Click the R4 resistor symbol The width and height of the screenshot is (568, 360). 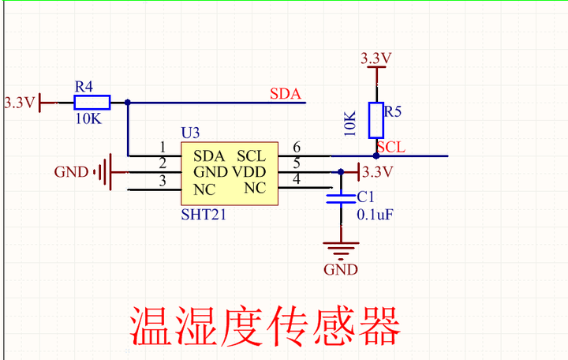[x=92, y=103]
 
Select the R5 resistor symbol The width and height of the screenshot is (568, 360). [x=376, y=120]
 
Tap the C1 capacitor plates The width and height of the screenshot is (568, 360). [x=341, y=199]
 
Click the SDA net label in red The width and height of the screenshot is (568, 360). [x=286, y=94]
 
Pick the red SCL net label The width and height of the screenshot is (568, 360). [x=390, y=147]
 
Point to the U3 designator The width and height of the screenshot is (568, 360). [x=191, y=133]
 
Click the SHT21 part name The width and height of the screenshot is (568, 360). [x=204, y=215]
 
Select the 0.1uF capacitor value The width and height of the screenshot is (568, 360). [x=375, y=215]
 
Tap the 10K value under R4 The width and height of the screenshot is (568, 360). [x=88, y=118]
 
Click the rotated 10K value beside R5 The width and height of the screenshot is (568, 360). [x=350, y=124]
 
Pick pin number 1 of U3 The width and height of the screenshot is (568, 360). [x=163, y=147]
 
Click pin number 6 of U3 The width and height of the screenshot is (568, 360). [x=297, y=147]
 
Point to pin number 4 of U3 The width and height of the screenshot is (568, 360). [x=297, y=178]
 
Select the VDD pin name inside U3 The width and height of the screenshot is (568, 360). [x=249, y=171]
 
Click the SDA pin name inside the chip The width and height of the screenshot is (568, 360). [x=209, y=156]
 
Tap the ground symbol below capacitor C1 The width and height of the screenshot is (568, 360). [x=341, y=251]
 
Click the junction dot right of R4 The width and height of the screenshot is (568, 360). [x=128, y=103]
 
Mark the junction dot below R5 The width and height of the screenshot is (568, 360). [x=376, y=156]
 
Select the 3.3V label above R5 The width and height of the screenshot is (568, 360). [x=376, y=58]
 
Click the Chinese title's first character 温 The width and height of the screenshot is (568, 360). [x=151, y=325]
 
